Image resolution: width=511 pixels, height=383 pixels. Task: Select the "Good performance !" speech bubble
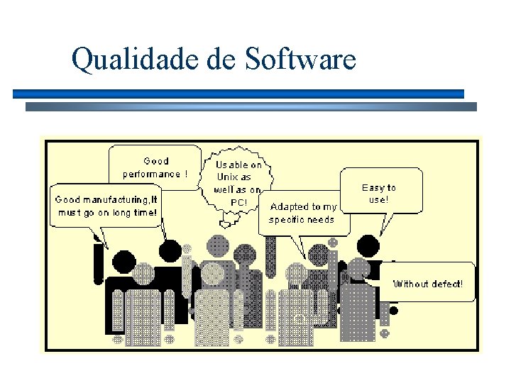point(155,167)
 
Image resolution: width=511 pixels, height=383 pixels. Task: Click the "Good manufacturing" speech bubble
point(106,206)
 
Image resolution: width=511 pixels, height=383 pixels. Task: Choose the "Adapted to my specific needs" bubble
point(302,213)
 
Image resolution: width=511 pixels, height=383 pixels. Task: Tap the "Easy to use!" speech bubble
point(380,193)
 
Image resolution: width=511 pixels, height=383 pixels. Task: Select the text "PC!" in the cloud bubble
point(238,202)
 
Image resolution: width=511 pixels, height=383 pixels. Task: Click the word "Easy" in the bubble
point(373,188)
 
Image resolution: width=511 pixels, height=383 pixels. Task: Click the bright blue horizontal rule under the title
point(238,94)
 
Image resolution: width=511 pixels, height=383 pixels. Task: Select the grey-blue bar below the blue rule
point(251,107)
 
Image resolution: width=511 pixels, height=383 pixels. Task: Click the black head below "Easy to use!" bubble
point(368,246)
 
